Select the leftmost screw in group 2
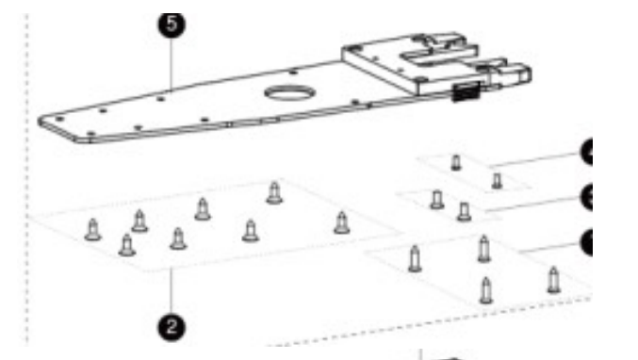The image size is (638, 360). [92, 229]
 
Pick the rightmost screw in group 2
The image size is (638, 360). [341, 223]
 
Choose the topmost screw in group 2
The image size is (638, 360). [273, 192]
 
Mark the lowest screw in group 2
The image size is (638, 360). [127, 246]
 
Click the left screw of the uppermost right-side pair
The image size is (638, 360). [456, 162]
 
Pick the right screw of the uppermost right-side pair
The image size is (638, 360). [497, 179]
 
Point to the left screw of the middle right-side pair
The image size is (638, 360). [436, 200]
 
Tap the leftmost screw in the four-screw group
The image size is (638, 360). [415, 257]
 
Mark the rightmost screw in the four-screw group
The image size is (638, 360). [553, 279]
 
